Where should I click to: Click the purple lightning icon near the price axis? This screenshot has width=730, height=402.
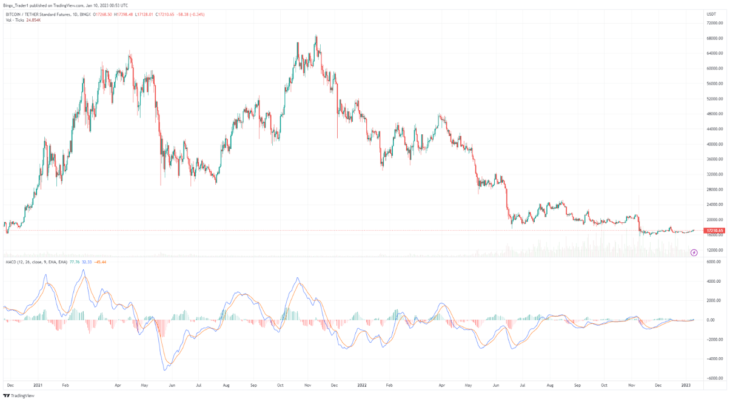point(694,252)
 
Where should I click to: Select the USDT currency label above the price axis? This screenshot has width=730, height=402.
point(711,13)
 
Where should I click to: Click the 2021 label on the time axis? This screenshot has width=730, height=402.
point(38,384)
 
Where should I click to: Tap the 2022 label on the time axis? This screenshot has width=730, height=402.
point(363,384)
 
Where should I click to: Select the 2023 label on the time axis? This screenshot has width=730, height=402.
point(686,384)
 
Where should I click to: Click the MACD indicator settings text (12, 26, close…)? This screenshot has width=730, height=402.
point(42,262)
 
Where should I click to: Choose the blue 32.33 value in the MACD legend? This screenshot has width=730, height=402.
point(86,262)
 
